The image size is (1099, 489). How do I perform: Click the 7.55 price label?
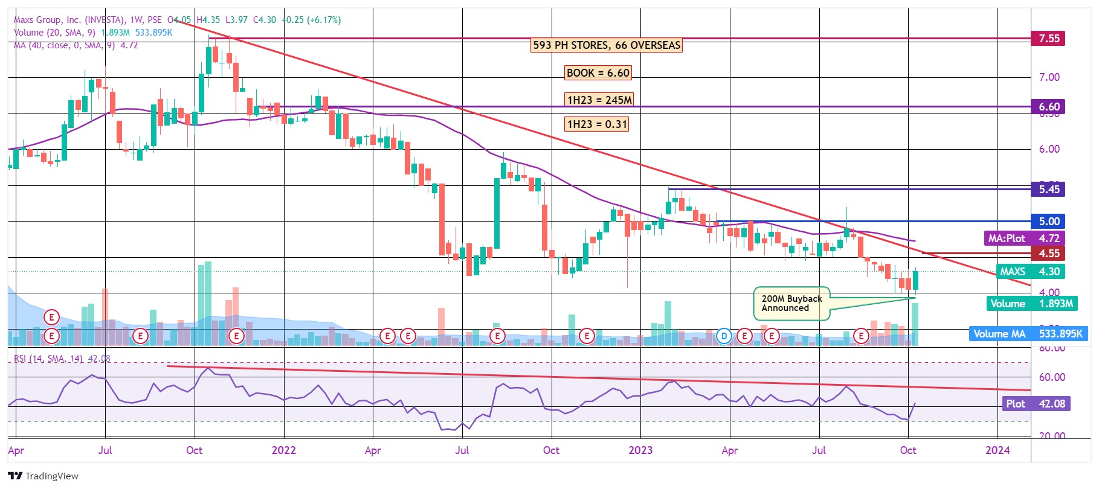pos(1048,39)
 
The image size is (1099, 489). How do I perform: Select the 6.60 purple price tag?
pos(1048,107)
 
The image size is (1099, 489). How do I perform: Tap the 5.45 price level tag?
pos(1048,190)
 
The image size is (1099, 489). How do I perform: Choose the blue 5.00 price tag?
pos(1048,222)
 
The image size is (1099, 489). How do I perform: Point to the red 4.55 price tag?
pos(1048,254)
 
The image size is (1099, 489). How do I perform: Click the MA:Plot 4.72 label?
pos(1023,238)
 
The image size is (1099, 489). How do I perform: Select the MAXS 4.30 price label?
pos(1030,272)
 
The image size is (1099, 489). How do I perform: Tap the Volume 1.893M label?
pos(1031,304)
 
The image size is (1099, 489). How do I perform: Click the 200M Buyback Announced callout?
pos(791,304)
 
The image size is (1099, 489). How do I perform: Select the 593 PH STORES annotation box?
pos(607,45)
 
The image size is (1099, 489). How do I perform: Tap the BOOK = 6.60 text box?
pos(598,73)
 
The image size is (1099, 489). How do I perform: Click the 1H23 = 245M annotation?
pos(599,100)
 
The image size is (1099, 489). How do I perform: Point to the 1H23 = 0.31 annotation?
pos(597,124)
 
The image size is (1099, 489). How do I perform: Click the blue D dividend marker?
pos(724,336)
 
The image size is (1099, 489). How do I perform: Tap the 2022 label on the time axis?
pos(283,450)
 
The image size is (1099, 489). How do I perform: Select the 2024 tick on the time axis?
pos(997,450)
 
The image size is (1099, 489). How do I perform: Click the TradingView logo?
pos(44,476)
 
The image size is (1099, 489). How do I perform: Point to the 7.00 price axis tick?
pos(1049,77)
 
